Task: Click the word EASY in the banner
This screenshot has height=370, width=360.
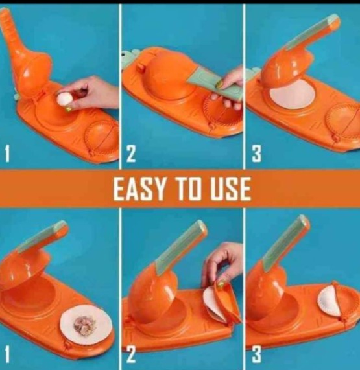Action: (x=137, y=189)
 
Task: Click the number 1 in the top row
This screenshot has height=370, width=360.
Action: (x=8, y=154)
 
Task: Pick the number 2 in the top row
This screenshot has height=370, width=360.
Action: (x=131, y=154)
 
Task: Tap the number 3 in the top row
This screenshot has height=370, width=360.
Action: (x=256, y=154)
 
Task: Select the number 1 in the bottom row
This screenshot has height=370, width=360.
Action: (x=8, y=353)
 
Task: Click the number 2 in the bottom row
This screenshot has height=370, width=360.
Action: (x=131, y=354)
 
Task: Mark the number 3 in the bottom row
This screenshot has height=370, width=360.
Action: (x=256, y=354)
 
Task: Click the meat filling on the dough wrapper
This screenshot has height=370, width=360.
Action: (x=82, y=321)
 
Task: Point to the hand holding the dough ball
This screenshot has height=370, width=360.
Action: (x=94, y=93)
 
